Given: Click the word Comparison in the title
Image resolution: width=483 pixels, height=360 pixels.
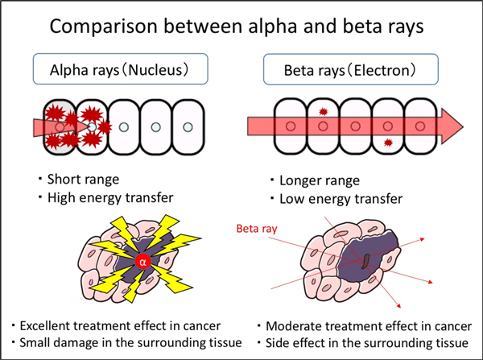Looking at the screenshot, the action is coord(103,27).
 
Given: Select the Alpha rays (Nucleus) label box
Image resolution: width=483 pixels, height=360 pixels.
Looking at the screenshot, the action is coord(121,68).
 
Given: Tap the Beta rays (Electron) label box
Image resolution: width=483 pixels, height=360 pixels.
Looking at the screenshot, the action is coord(350,69).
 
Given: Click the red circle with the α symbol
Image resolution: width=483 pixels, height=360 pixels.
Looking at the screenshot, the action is coord(142,262).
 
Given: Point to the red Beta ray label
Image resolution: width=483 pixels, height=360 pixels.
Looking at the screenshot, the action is coord(257,229).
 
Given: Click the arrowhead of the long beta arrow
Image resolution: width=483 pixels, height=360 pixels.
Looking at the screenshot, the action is coord(452,126).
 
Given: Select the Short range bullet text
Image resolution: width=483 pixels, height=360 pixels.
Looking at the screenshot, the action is coord(83,180).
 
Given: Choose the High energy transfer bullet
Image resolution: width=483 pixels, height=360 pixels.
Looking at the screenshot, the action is coord(110,197).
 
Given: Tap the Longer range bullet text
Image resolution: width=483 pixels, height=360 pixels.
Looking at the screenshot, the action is coord(319,180).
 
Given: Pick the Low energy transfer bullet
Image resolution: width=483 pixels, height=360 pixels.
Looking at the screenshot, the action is coord(341,199).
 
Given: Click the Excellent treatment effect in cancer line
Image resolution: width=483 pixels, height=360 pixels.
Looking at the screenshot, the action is coord(120,326).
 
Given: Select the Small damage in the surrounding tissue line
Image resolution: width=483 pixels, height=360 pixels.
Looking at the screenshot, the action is coord(130,343).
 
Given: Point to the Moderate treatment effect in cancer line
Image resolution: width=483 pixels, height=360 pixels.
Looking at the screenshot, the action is coord(369,326).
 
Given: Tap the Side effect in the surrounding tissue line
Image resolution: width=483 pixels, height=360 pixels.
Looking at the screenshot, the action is coord(367,343).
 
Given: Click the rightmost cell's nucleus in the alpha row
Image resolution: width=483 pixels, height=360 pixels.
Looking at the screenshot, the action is coord(188,127).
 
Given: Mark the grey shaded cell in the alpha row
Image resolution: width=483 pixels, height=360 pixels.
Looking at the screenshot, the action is coord(59,127).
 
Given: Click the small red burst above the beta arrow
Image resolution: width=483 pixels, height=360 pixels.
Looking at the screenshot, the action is coord(323,111).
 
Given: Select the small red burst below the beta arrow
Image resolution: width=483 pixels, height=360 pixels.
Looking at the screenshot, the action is coord(389,143).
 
